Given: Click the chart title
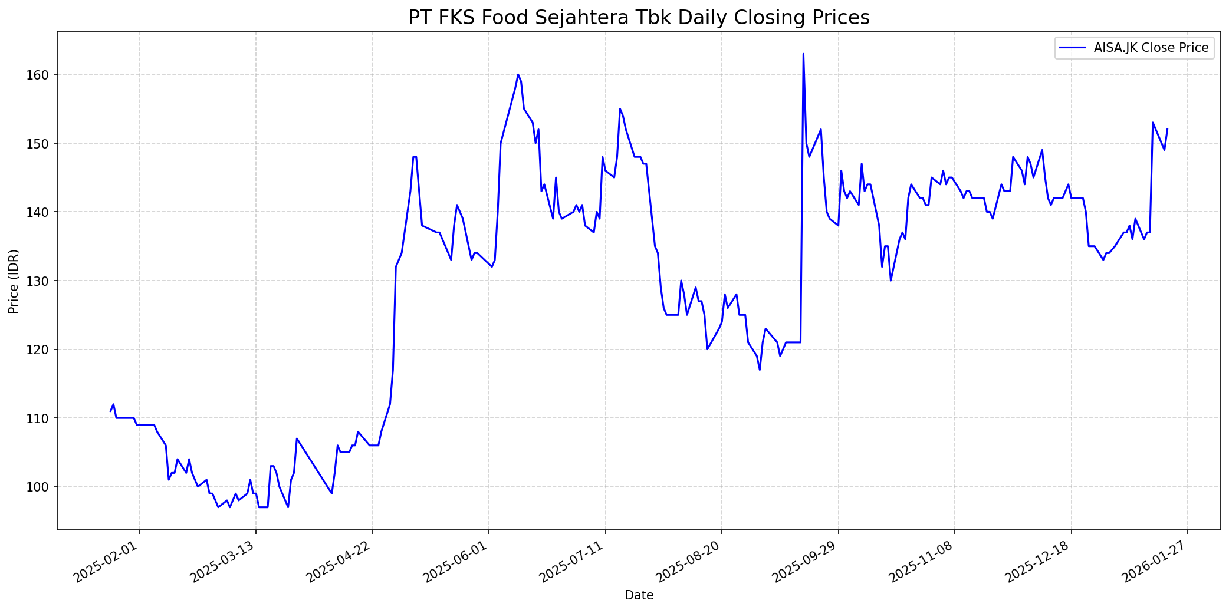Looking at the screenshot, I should (x=639, y=18).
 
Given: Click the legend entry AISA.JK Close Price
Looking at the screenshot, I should (x=1151, y=48).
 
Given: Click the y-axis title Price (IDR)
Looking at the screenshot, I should (x=14, y=281).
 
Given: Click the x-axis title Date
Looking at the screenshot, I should (x=639, y=595).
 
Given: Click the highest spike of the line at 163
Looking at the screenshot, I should (x=803, y=54).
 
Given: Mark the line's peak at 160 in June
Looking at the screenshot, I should (x=518, y=75).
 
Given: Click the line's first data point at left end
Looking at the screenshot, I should (x=110, y=411).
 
